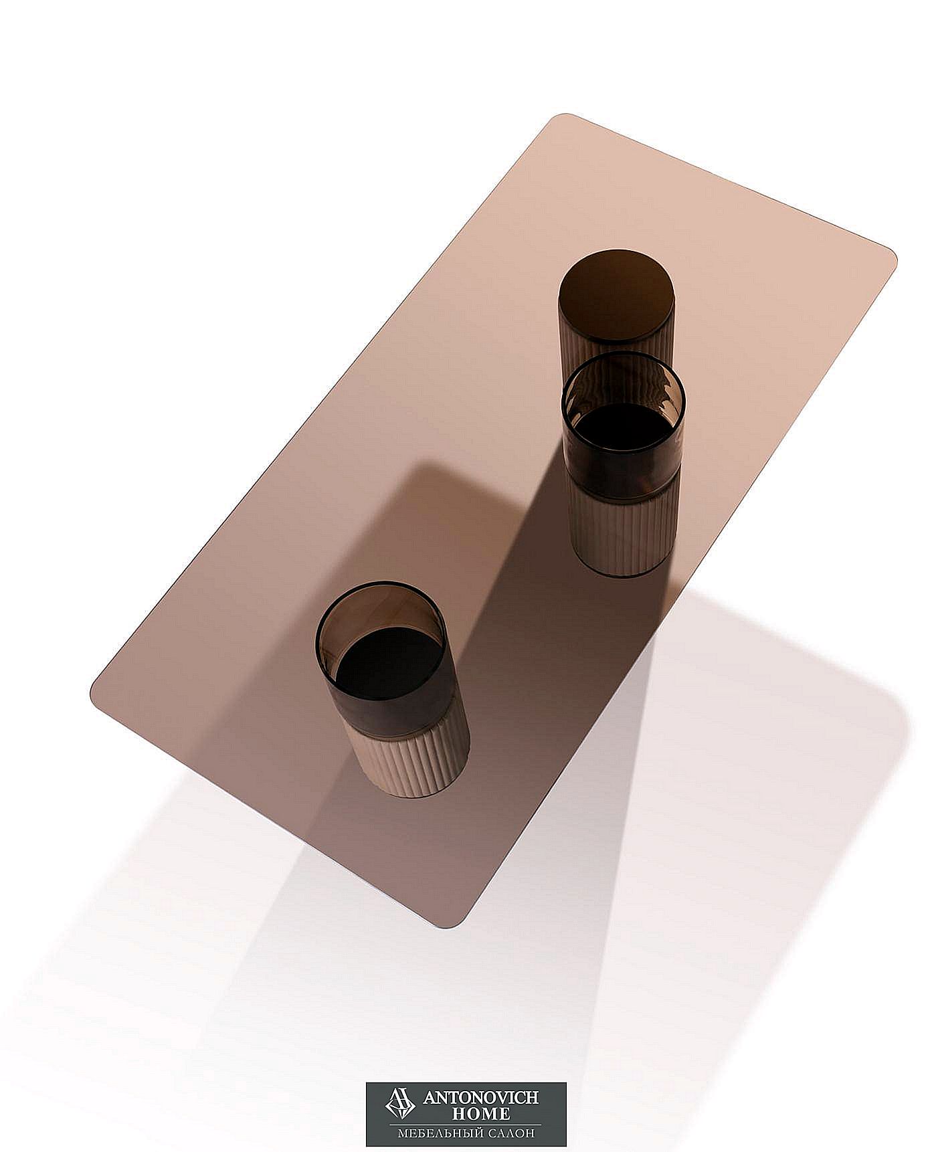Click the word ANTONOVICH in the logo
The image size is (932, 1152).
point(481,1098)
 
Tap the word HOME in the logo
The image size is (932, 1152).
point(481,1114)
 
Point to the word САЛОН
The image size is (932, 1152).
point(517,1134)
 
